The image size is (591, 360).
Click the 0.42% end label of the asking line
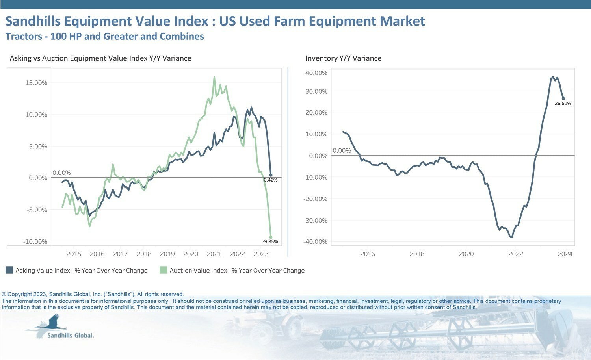point(270,180)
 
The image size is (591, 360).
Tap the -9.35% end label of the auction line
point(270,241)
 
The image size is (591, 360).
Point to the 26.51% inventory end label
point(563,103)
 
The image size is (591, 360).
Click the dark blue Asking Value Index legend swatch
point(9,270)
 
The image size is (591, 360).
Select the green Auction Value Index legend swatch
point(164,270)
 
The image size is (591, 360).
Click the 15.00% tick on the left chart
point(36,83)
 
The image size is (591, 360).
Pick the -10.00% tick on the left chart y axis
point(35,241)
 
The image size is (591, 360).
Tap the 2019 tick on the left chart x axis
point(167,254)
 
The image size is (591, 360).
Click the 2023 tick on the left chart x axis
point(261,254)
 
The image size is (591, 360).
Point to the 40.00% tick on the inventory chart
point(316,73)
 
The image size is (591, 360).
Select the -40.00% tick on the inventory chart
point(315,241)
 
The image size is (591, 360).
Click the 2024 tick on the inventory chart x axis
point(565,254)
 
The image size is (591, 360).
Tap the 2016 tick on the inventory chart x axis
point(368,254)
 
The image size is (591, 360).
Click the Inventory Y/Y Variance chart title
point(343,58)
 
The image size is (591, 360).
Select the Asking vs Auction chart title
point(100,58)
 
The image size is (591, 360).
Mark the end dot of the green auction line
point(271,238)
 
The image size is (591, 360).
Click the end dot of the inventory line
point(563,98)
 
